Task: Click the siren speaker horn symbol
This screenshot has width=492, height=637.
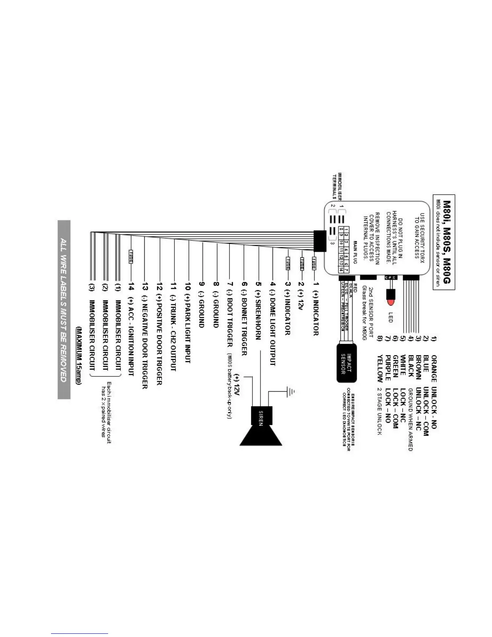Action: [261, 432]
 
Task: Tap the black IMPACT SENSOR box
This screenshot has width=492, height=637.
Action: [346, 363]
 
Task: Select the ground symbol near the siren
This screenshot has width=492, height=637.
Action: [290, 390]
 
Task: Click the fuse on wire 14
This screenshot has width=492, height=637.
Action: [131, 256]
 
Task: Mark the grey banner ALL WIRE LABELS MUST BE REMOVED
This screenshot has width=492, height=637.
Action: [64, 310]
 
